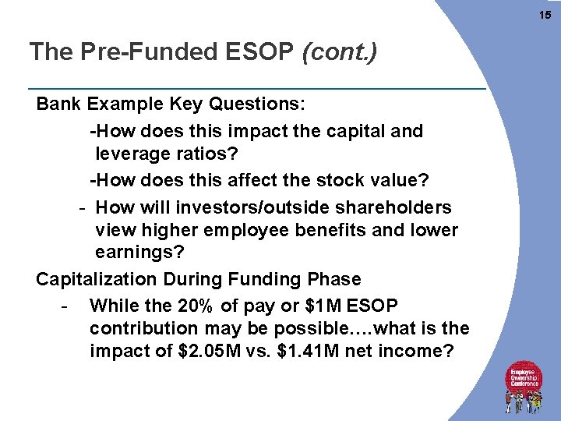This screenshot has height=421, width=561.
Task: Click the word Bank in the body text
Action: coord(59,104)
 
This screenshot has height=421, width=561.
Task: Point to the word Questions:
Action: coord(259,104)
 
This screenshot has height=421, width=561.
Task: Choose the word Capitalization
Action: coord(100,279)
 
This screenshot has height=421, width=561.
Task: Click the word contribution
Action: coord(146,327)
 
